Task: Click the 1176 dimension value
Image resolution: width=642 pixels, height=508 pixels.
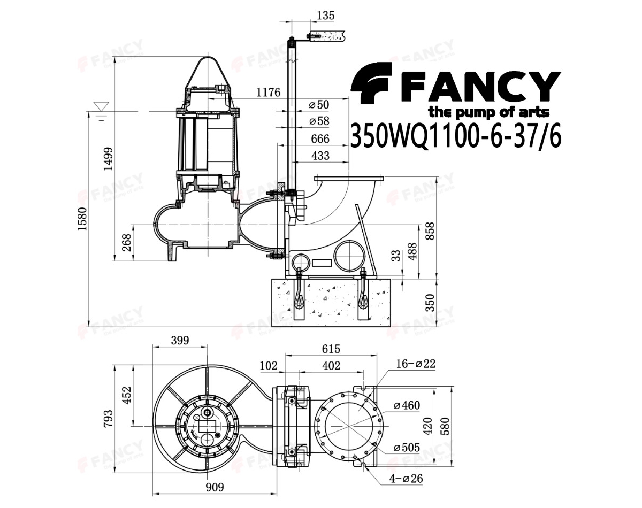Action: [x=269, y=93]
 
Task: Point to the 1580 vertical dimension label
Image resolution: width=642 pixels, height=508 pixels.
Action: [x=82, y=219]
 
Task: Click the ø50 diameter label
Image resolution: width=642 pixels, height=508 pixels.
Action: [x=319, y=105]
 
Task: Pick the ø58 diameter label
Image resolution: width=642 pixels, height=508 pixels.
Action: [x=319, y=121]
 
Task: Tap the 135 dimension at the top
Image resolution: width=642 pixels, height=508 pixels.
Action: [x=325, y=15]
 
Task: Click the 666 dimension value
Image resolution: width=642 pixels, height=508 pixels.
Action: [x=320, y=139]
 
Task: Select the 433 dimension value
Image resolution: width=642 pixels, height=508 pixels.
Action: [x=320, y=156]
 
